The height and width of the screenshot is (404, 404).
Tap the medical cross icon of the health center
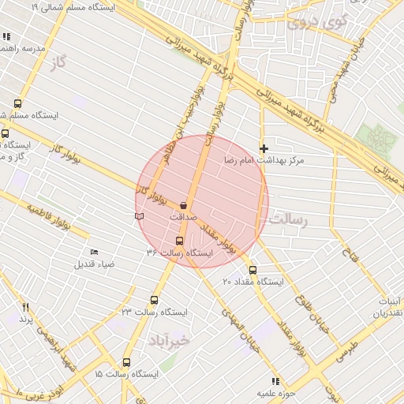(264, 148)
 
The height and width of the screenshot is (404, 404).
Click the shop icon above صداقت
(184, 204)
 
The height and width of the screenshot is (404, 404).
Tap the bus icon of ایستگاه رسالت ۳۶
(179, 241)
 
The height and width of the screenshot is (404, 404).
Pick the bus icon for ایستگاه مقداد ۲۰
(252, 269)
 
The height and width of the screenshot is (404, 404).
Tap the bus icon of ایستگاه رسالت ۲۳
(153, 300)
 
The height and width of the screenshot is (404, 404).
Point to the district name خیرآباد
(168, 340)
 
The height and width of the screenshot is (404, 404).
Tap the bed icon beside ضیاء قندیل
(95, 252)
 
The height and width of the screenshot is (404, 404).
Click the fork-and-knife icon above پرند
(26, 307)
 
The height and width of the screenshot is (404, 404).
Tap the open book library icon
(139, 215)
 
